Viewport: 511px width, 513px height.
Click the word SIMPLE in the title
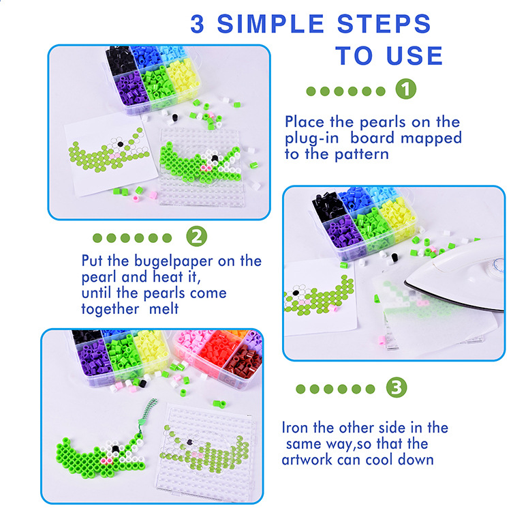(270, 24)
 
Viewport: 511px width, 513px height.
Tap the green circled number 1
(406, 89)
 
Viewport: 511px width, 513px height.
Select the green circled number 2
(197, 236)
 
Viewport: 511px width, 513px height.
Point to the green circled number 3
(397, 387)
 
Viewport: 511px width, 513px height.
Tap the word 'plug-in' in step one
(311, 138)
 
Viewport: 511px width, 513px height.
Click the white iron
(457, 275)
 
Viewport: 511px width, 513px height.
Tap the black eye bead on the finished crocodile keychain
(115, 449)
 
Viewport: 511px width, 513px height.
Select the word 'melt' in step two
(164, 308)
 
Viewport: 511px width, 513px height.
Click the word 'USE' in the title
(414, 55)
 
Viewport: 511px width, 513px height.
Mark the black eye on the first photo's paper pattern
(120, 144)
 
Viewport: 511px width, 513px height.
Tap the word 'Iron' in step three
(295, 427)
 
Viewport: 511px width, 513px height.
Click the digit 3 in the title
(198, 24)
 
